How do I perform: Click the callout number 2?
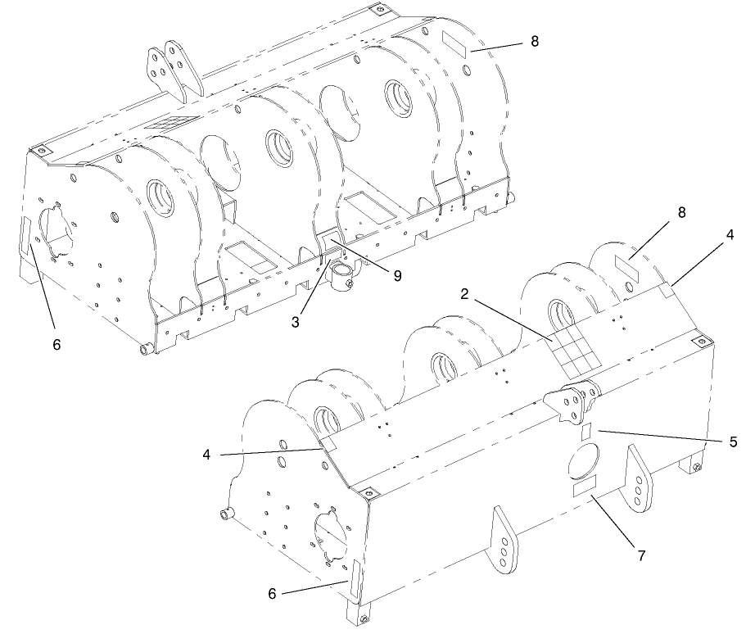[x=464, y=295]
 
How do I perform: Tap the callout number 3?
[x=296, y=322]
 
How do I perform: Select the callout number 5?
[x=733, y=442]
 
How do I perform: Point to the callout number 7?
[x=641, y=555]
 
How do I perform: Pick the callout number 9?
[x=397, y=275]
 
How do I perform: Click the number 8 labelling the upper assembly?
[x=535, y=42]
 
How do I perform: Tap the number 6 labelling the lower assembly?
[x=272, y=594]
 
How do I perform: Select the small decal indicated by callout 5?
[x=586, y=432]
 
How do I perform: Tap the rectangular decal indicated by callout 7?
[x=585, y=487]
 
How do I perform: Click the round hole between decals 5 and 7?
[x=583, y=460]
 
